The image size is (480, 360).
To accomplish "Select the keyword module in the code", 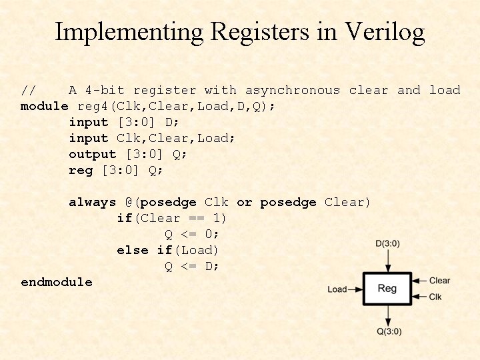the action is point(44,106).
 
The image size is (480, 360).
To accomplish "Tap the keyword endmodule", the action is point(57,282).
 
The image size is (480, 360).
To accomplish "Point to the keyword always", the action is point(92,202).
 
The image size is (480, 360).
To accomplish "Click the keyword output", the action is point(92,154).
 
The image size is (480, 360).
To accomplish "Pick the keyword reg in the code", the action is point(81,170).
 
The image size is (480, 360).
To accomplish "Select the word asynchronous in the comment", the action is point(292,90).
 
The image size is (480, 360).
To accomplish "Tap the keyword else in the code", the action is point(132,250).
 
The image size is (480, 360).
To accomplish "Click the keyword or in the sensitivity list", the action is point(244,202).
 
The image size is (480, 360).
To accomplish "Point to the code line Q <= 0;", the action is point(192,234).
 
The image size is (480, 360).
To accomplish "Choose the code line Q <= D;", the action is point(192,266).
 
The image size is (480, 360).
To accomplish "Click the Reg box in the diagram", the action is point(387,289).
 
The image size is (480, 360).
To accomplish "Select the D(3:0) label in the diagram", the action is point(388,244).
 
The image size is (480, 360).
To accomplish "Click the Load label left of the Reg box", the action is point(337,289).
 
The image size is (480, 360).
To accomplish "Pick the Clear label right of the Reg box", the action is point(439,281).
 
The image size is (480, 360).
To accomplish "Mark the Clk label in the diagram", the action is point(435,297).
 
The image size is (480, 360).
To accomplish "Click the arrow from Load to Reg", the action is point(355,289).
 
